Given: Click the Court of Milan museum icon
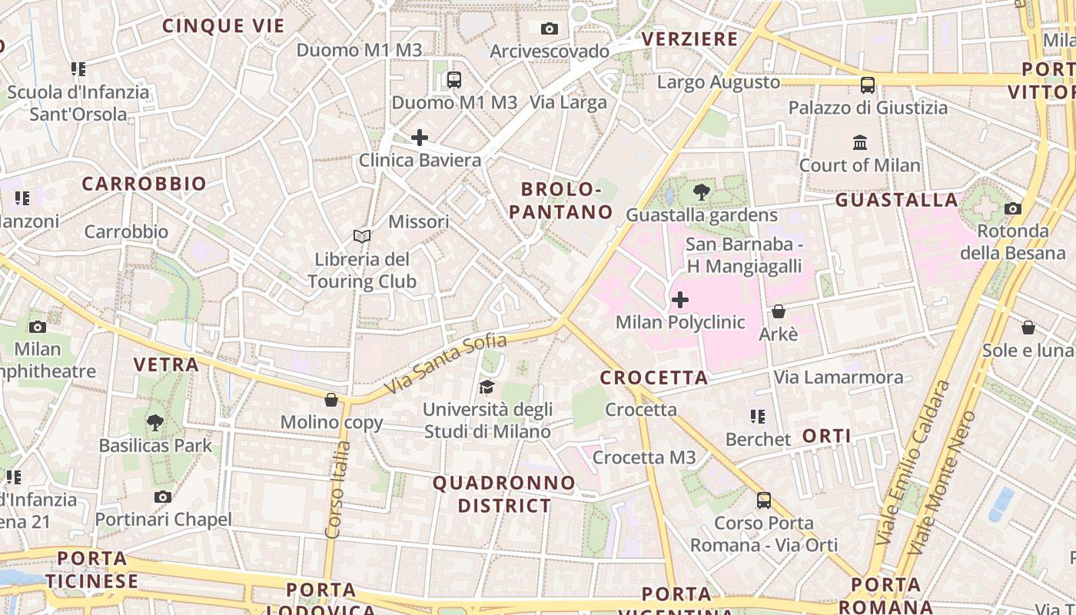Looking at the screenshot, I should pyautogui.click(x=859, y=143).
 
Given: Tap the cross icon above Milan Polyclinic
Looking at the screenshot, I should pyautogui.click(x=680, y=299).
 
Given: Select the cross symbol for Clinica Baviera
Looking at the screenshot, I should pyautogui.click(x=420, y=138).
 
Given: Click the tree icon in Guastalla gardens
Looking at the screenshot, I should pyautogui.click(x=701, y=192).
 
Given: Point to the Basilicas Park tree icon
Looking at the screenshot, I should pyautogui.click(x=155, y=422).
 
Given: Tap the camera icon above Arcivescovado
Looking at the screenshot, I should pyautogui.click(x=549, y=28).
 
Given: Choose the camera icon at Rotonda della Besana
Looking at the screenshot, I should pyautogui.click(x=1013, y=208).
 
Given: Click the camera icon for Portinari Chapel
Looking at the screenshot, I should pyautogui.click(x=163, y=497).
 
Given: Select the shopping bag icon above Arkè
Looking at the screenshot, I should pyautogui.click(x=778, y=311).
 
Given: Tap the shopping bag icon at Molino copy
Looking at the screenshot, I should pyautogui.click(x=331, y=400).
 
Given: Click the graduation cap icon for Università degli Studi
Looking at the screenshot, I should pyautogui.click(x=487, y=387).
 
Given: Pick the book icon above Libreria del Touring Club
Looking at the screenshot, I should pyautogui.click(x=362, y=236).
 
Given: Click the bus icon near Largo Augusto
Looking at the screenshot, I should pyautogui.click(x=868, y=85).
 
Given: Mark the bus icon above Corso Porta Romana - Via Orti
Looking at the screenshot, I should pyautogui.click(x=763, y=500).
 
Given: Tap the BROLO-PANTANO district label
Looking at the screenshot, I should pyautogui.click(x=567, y=201).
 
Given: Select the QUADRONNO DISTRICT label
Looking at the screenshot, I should pyautogui.click(x=504, y=494).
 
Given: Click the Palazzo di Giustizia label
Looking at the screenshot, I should pyautogui.click(x=868, y=108).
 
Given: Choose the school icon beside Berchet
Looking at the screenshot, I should pyautogui.click(x=758, y=417).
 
